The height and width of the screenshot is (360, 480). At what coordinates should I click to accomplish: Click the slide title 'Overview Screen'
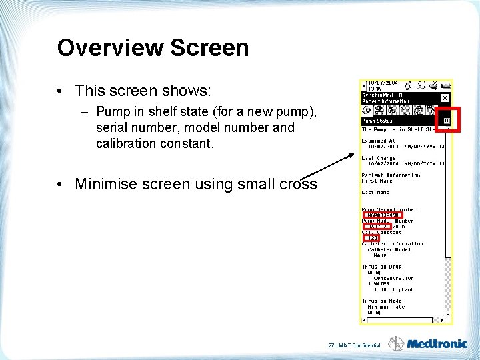(153, 48)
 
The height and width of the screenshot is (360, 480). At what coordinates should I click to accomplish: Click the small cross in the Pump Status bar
(447, 121)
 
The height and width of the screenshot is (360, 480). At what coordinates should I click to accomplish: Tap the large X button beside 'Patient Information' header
(445, 98)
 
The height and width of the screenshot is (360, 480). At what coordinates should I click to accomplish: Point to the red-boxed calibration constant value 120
(372, 238)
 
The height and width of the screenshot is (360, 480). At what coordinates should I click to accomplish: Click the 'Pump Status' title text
(377, 121)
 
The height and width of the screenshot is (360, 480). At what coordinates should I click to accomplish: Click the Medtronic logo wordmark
(437, 344)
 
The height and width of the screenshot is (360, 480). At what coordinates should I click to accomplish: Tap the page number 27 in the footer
(331, 345)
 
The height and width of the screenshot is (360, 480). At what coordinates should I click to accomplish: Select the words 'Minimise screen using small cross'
(195, 184)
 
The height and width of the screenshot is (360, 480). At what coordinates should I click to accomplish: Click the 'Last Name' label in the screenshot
(377, 192)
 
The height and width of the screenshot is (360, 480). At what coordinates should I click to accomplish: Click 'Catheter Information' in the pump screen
(392, 244)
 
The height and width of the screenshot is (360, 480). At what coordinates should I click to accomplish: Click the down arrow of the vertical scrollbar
(449, 314)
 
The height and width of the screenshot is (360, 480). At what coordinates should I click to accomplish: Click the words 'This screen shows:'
(143, 91)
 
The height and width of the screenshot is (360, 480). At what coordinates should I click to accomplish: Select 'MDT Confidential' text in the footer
(360, 345)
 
